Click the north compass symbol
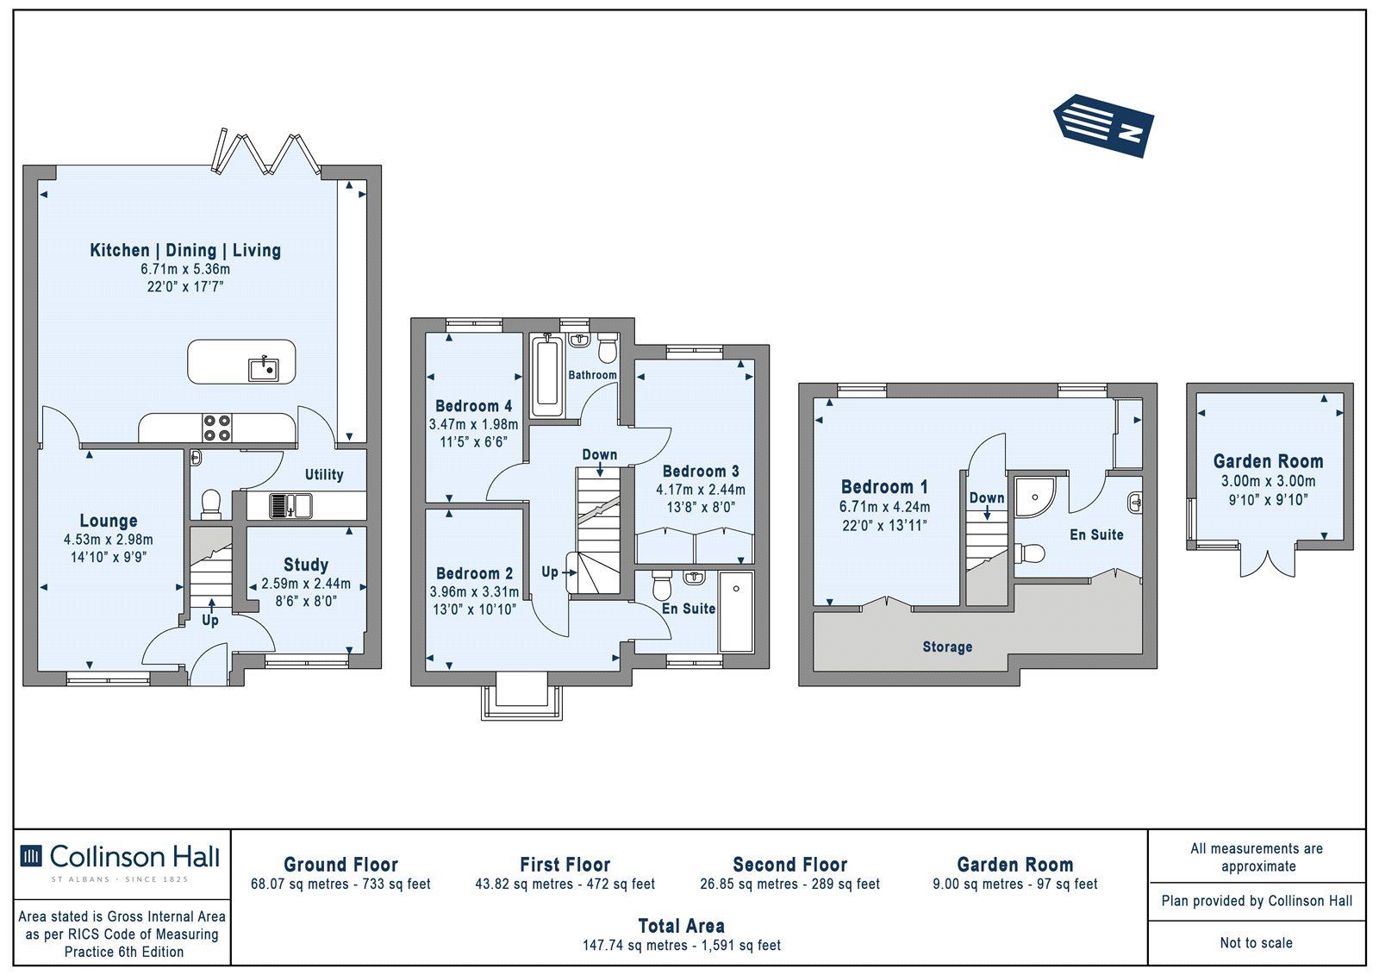tap(1104, 126)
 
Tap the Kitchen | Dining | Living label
tap(185, 250)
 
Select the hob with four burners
tap(217, 428)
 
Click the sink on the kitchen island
tap(264, 370)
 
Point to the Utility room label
tap(324, 474)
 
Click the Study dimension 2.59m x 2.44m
tap(306, 584)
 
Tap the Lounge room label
tap(109, 521)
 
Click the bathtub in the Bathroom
tap(547, 377)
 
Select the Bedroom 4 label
tap(473, 406)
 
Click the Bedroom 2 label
tap(474, 573)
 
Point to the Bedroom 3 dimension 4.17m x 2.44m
tap(701, 490)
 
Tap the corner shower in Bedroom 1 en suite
tap(1034, 497)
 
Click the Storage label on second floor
tap(947, 647)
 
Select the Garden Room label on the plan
tap(1268, 460)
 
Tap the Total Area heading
tap(682, 926)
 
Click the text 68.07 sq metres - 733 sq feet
tap(340, 884)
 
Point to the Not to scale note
tap(1257, 942)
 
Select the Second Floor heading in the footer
tap(789, 864)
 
